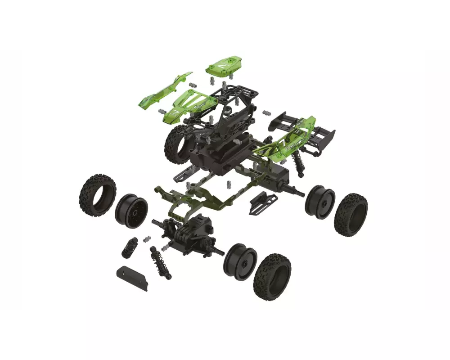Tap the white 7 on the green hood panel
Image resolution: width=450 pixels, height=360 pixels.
175,110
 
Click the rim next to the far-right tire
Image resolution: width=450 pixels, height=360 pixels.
320,202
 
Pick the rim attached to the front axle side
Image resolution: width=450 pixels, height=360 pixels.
240,262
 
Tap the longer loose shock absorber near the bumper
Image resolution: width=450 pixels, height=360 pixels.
160,263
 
